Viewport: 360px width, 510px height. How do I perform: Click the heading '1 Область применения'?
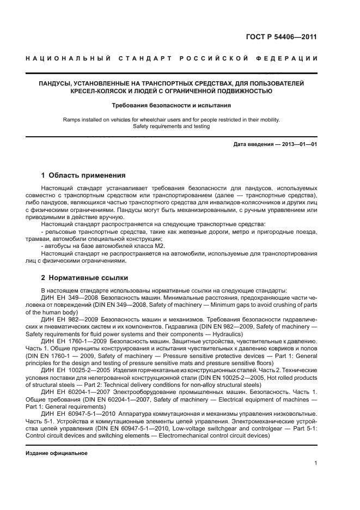click(83, 175)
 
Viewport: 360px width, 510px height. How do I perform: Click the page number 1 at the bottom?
click(316, 463)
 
